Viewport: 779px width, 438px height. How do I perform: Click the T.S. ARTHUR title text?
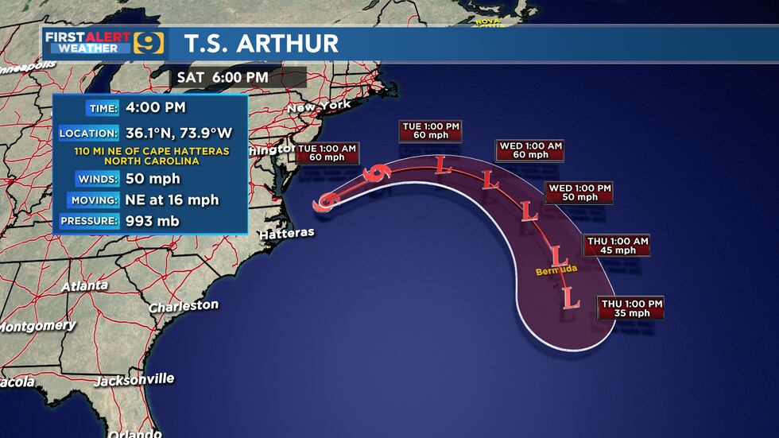click(x=262, y=43)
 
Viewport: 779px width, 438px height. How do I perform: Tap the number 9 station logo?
click(x=149, y=42)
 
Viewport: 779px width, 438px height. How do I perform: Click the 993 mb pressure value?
click(x=152, y=221)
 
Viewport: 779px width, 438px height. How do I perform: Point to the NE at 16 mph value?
click(x=172, y=200)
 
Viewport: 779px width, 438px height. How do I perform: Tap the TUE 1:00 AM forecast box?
click(x=327, y=153)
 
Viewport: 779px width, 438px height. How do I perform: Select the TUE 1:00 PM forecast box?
click(x=431, y=130)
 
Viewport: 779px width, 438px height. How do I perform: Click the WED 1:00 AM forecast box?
click(x=530, y=150)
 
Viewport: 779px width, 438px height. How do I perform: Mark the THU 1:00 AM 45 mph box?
click(x=618, y=245)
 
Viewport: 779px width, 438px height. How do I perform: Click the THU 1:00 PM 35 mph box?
click(x=631, y=308)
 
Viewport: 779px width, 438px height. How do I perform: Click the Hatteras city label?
click(x=287, y=234)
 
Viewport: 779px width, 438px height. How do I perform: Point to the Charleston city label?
click(x=183, y=306)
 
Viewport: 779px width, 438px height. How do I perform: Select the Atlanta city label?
click(x=84, y=285)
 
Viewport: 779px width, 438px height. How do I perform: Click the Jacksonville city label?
click(x=134, y=380)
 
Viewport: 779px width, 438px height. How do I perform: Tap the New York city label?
click(x=318, y=107)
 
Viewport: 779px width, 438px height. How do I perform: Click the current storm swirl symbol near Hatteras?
click(x=325, y=203)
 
